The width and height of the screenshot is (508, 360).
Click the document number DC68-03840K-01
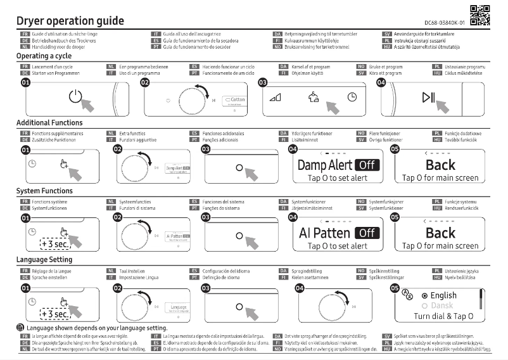pos(443,22)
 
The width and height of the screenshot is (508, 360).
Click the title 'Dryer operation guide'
pos(70,20)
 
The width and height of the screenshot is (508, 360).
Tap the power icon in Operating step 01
pos(75,97)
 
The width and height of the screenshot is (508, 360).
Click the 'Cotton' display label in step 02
pos(235,100)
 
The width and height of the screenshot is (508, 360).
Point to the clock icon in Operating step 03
pos(352,97)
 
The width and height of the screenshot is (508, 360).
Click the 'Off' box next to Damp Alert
pos(367,165)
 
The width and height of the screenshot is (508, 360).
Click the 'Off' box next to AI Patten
pos(367,233)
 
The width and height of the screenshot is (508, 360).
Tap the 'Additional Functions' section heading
pos(49,122)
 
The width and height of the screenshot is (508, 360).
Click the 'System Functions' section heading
pos(44,191)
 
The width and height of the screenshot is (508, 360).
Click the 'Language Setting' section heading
pos(44,259)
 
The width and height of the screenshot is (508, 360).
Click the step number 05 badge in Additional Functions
pos(396,149)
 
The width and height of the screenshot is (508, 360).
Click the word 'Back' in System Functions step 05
pos(440,233)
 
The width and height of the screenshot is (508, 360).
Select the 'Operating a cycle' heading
pos(44,56)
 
